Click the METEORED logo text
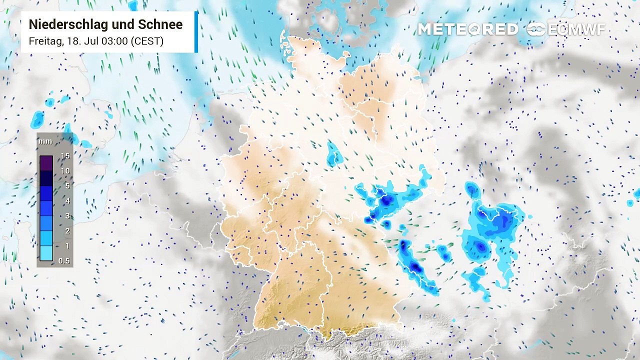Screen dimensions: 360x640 [x=468, y=29]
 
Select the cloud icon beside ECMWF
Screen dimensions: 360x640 [x=536, y=29]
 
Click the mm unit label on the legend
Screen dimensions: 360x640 [x=45, y=141]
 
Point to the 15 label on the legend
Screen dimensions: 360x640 [x=65, y=156]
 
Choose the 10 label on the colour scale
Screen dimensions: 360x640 [x=65, y=171]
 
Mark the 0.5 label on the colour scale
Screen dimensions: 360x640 [x=64, y=261]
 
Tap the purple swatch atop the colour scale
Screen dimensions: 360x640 [x=46, y=163]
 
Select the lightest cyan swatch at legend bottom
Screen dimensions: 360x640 [x=46, y=253]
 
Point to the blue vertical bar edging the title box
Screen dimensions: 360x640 [x=196, y=32]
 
